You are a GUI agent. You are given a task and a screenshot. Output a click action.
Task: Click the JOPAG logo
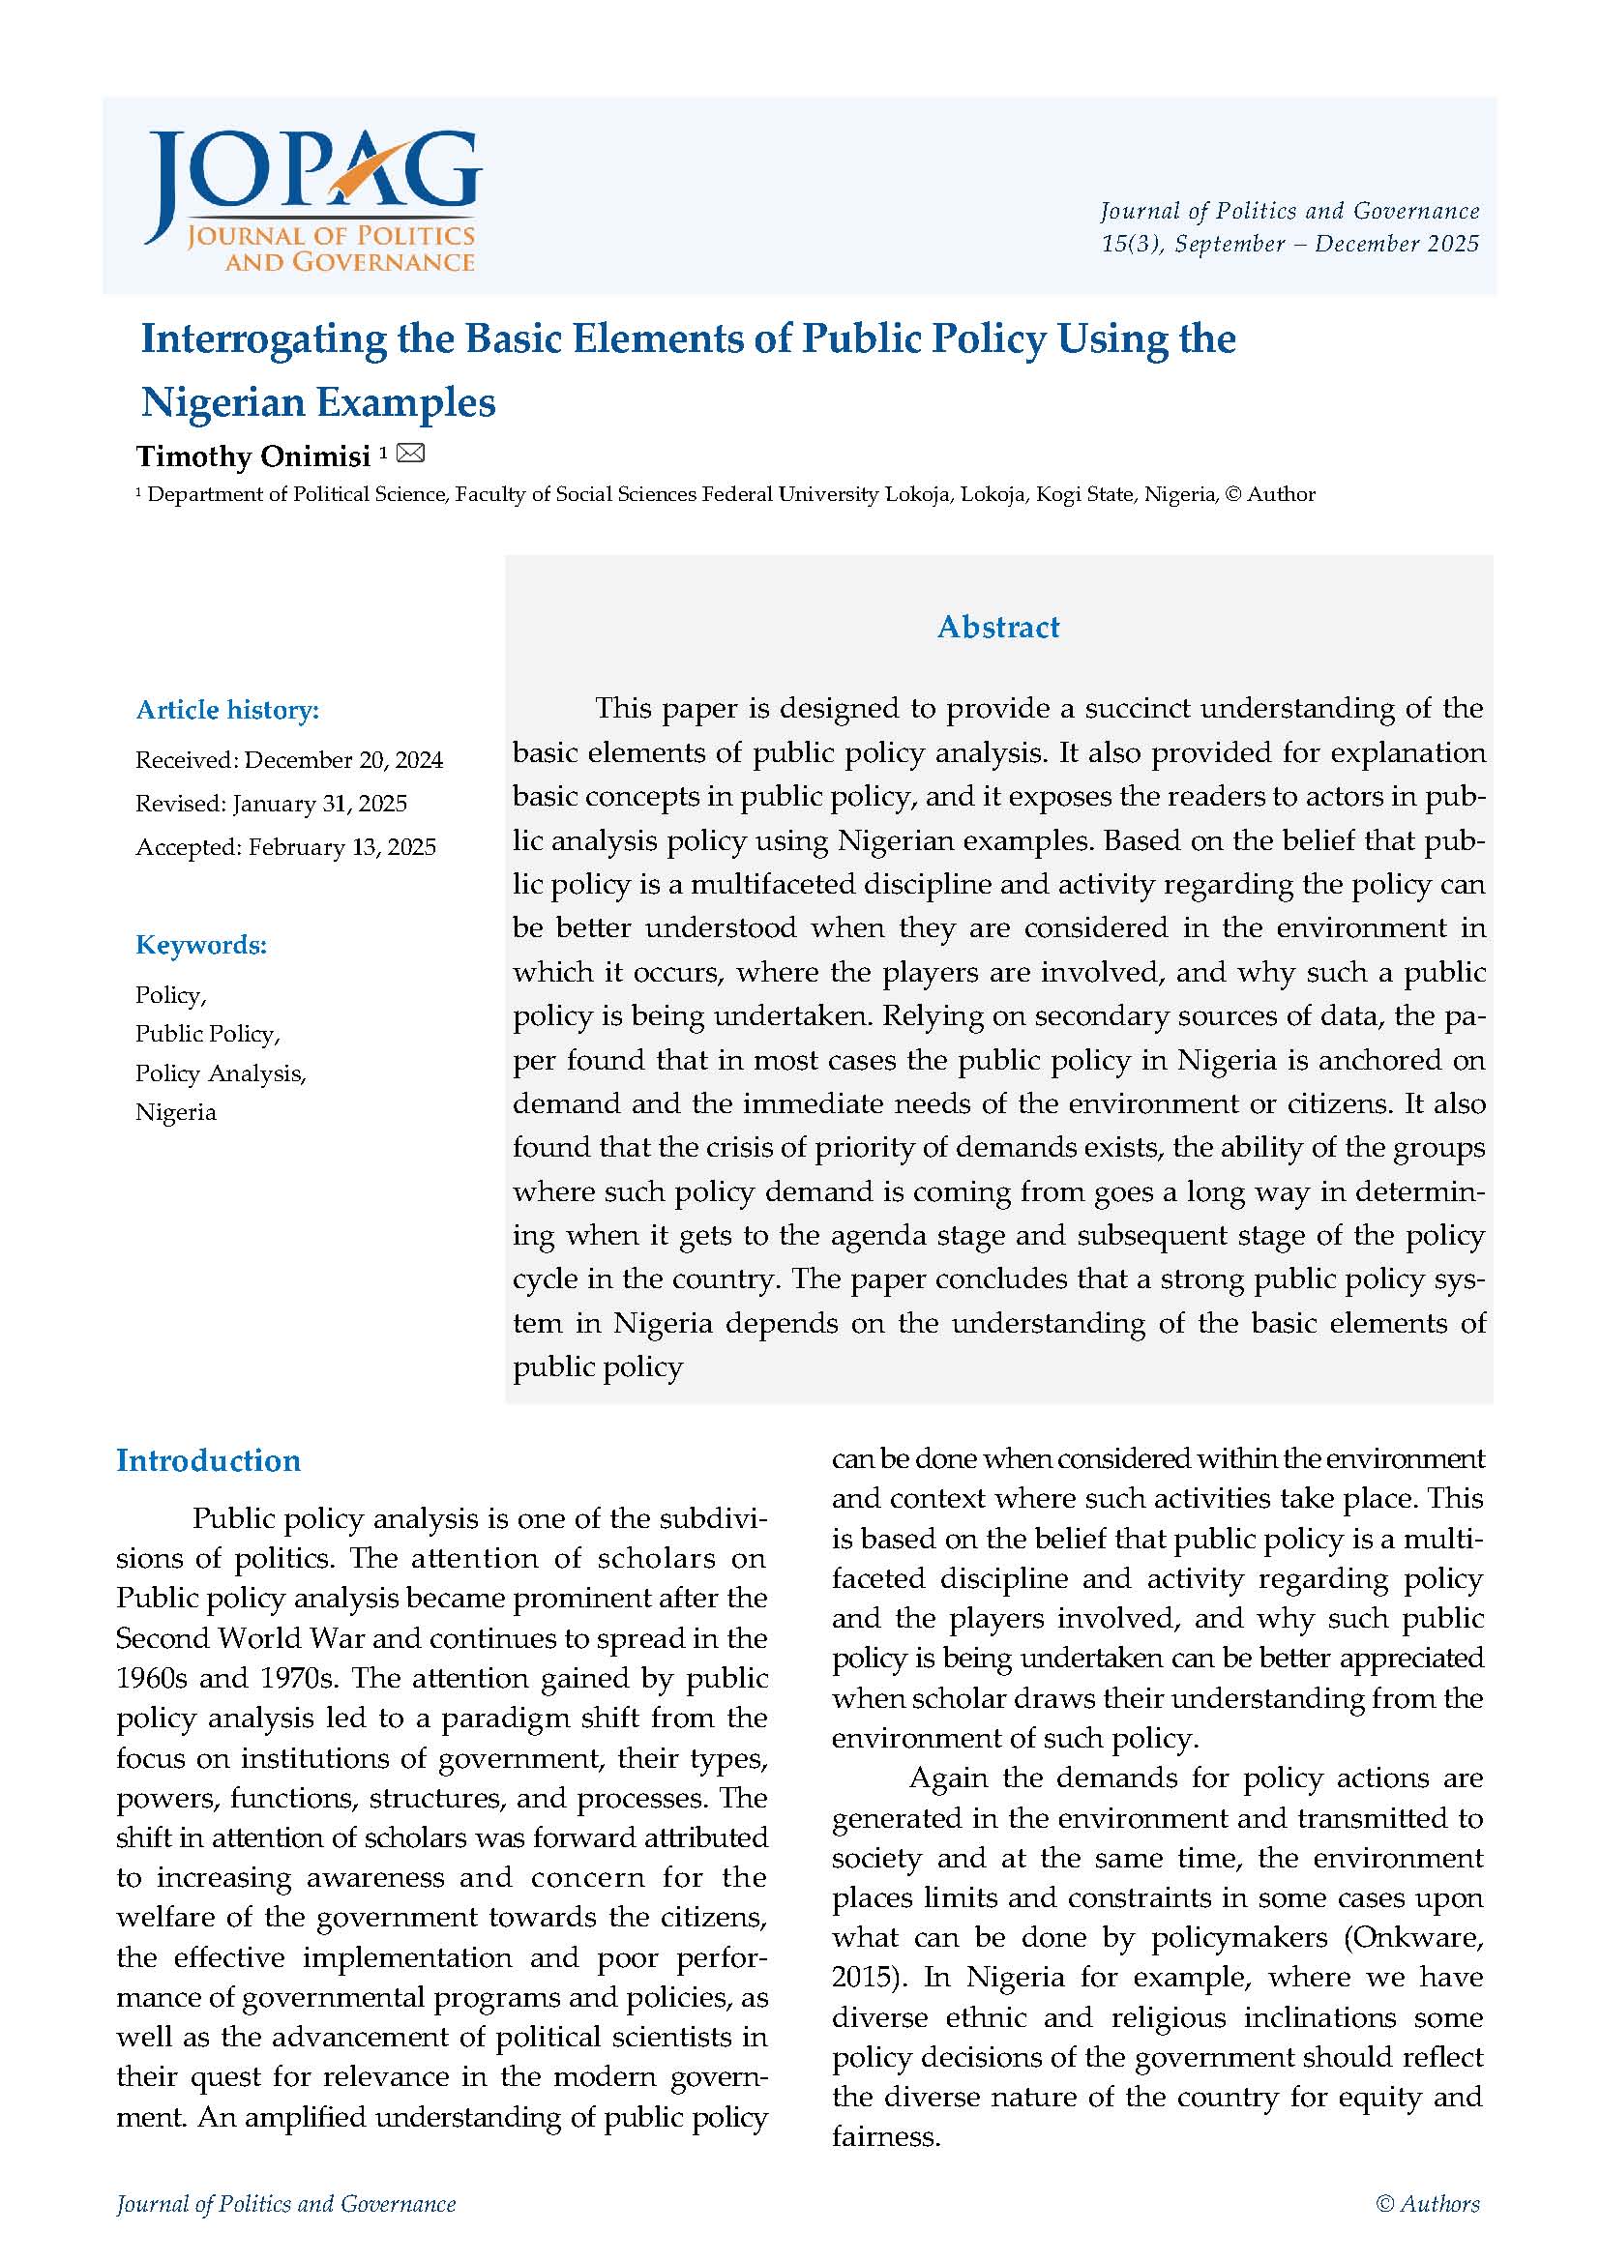[x=311, y=200]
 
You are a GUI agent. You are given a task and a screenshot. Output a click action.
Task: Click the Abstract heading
[x=998, y=627]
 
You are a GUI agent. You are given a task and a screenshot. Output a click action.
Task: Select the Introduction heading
[x=208, y=1460]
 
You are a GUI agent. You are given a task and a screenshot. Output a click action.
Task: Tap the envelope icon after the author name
[x=410, y=454]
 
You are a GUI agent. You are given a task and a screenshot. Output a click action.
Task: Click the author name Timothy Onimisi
[x=253, y=456]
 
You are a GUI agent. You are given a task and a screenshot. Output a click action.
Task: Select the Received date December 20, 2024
[x=343, y=759]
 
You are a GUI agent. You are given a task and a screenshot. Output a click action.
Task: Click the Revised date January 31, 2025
[x=319, y=803]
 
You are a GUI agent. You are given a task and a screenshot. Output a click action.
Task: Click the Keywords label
[x=201, y=945]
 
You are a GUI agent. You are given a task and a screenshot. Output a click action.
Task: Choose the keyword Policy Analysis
[x=221, y=1072]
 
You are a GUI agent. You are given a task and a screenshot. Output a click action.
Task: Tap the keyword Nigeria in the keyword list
[x=175, y=1112]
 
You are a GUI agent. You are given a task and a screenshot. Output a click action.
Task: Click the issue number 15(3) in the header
[x=1131, y=244]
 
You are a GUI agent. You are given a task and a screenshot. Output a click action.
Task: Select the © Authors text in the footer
[x=1428, y=2204]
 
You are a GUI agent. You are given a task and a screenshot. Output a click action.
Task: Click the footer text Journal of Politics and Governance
[x=285, y=2204]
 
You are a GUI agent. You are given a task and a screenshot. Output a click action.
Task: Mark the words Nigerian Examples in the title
[x=318, y=402]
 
